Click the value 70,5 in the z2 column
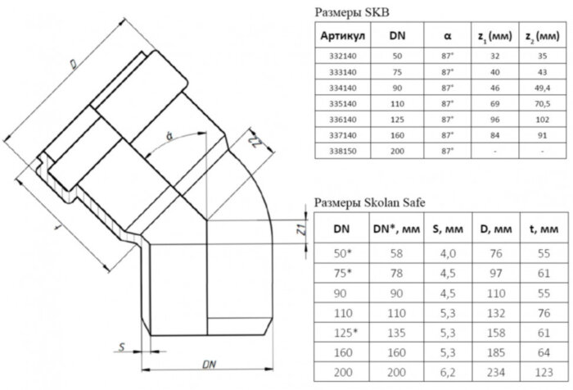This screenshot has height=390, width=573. click(x=535, y=105)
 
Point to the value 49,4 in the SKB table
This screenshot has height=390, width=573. click(x=535, y=89)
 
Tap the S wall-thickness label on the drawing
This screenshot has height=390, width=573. click(x=120, y=347)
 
